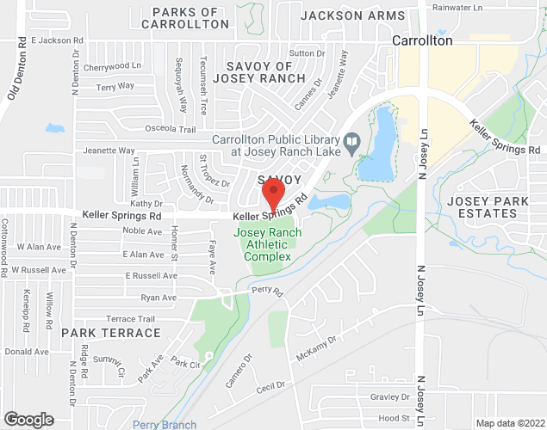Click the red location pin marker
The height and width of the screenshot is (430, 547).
tap(274, 196)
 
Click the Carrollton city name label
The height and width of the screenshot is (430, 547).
tap(422, 40)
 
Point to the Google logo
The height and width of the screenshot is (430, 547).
tap(28, 420)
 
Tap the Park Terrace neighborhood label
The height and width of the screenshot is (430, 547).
tap(110, 332)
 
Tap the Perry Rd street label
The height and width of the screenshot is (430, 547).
tap(268, 292)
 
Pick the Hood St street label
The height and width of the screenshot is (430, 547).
tap(394, 418)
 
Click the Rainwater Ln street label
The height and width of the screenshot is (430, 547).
tap(458, 7)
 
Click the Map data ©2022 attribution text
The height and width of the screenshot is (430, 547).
tap(510, 423)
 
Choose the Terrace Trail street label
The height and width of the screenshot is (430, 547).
tap(130, 319)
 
